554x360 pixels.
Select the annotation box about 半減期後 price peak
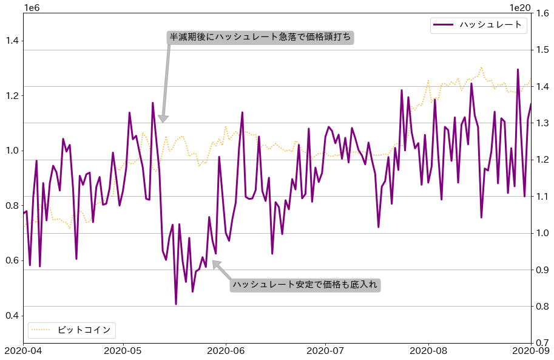pos(260,37)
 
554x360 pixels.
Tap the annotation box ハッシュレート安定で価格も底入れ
pos(305,284)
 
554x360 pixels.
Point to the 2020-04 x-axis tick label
pos(23,350)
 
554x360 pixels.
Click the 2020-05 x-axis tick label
pos(124,350)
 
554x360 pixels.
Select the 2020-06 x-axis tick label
pos(226,350)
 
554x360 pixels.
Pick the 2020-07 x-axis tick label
pos(326,350)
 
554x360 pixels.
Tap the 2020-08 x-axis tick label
pos(428,350)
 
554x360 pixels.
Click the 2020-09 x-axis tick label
pos(530,350)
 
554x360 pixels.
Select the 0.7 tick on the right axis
pos(542,343)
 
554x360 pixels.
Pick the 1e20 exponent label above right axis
pos(520,7)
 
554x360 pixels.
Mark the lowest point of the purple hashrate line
pos(176,304)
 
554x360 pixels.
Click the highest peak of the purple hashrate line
pos(518,69)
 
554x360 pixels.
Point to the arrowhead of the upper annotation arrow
pos(163,120)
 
